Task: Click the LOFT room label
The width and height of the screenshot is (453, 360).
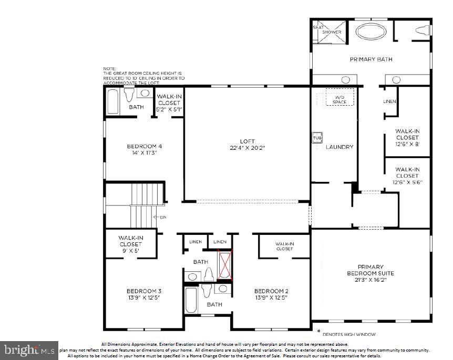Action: point(248,141)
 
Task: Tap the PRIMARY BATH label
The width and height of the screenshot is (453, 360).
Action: point(371,59)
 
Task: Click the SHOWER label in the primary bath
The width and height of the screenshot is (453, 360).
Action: point(332,32)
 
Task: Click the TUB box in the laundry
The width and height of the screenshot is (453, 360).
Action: point(317,137)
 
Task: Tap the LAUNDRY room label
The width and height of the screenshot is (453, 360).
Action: point(339,147)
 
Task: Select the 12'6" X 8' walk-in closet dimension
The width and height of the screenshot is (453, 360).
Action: point(407,143)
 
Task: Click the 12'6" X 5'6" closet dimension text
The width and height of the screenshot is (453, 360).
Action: point(407,182)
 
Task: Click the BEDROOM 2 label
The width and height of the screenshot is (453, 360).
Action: point(271,291)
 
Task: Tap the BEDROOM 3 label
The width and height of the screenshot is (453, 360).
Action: point(143,291)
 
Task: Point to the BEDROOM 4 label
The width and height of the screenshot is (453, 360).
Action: point(144,147)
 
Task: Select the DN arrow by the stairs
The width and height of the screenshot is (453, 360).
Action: point(159,217)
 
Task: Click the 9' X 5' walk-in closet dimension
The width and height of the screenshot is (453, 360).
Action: point(130,251)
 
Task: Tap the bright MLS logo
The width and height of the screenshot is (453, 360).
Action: point(30,349)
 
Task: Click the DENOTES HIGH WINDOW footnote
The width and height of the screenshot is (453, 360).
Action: point(348,334)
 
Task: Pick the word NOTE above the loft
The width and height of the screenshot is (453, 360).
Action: point(109,68)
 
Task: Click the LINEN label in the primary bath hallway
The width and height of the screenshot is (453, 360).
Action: point(389,101)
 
